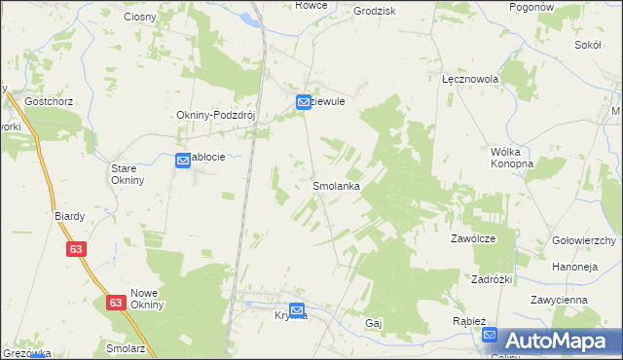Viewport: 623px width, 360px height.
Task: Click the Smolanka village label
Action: [x=337, y=185]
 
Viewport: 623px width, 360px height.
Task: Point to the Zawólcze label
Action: [x=473, y=238]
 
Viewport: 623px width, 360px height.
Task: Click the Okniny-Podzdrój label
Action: [x=214, y=115]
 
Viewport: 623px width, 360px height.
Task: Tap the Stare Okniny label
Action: [x=128, y=173]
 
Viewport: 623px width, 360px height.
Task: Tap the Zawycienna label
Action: [x=559, y=300]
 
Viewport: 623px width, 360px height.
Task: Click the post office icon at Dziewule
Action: [x=304, y=101]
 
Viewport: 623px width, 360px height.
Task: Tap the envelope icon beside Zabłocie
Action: [x=182, y=162]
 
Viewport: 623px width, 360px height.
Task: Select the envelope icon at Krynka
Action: [x=297, y=311]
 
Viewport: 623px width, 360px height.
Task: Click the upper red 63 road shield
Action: [x=77, y=249]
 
